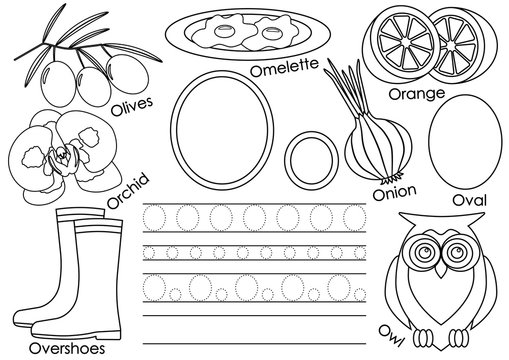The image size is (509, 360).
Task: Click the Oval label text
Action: tap(469, 201)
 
